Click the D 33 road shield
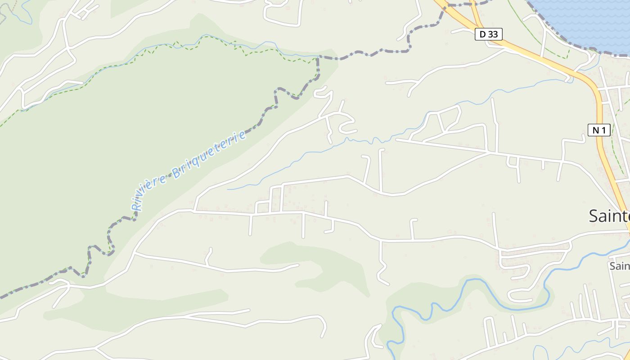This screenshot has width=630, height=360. tap(488, 34)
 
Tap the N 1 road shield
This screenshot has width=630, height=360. tap(599, 130)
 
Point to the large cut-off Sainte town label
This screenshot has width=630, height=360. tap(609, 216)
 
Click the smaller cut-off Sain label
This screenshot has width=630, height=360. tap(620, 266)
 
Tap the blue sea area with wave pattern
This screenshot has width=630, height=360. tap(585, 20)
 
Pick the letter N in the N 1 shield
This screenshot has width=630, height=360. tap(595, 130)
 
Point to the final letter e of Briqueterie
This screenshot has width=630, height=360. tap(243, 134)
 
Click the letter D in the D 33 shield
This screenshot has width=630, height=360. tap(483, 34)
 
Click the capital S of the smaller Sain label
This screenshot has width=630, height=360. tap(613, 266)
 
